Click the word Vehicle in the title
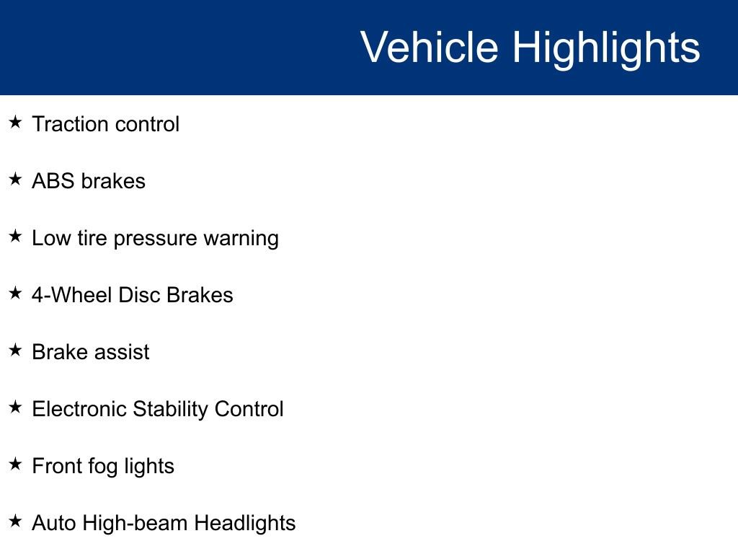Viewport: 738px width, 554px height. [x=429, y=48]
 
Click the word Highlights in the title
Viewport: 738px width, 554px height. [x=606, y=48]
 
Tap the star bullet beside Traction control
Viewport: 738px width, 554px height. [x=16, y=123]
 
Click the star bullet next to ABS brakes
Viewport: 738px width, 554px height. [x=16, y=180]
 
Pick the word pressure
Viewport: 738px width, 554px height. [x=156, y=239]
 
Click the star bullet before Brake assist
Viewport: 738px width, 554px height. [x=16, y=351]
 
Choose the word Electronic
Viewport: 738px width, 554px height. [x=79, y=409]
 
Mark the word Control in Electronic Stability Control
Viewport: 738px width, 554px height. [x=249, y=409]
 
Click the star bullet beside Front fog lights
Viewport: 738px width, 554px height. [x=16, y=465]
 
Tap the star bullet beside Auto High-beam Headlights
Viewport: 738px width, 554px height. [x=16, y=522]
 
